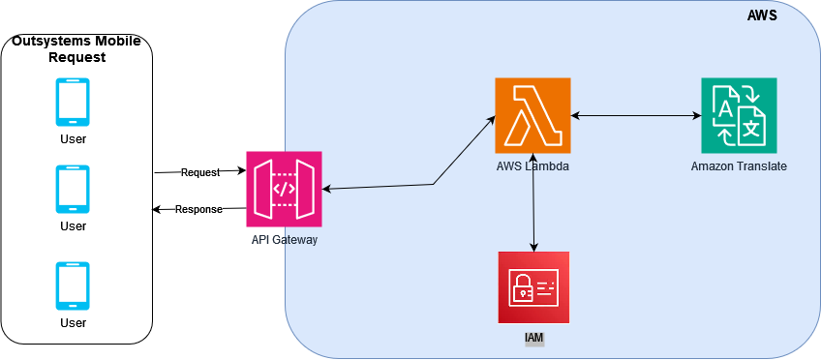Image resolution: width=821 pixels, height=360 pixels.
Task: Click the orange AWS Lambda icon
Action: (x=532, y=115)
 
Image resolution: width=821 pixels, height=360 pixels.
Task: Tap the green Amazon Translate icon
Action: (x=739, y=115)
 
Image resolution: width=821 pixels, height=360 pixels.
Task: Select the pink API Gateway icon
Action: (x=284, y=189)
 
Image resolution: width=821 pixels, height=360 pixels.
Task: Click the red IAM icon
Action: (x=533, y=287)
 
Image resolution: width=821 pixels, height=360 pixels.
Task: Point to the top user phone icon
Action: (x=74, y=103)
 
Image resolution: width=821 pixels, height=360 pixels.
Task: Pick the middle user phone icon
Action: (x=74, y=189)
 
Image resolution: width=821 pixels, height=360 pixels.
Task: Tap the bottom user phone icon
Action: (x=74, y=285)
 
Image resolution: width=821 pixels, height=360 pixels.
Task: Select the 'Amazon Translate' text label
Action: (x=739, y=166)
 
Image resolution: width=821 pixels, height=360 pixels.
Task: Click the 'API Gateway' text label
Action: (x=284, y=239)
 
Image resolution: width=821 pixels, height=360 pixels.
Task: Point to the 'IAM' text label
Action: (x=533, y=338)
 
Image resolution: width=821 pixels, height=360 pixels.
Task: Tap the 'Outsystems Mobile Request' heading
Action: (x=76, y=49)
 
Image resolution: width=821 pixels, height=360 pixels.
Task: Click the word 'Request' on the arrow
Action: (x=200, y=172)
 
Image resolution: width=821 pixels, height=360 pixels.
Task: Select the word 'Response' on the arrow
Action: (x=198, y=209)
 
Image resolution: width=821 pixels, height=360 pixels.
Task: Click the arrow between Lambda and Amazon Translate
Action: (x=635, y=116)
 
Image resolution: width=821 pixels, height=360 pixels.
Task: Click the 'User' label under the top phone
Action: (x=74, y=138)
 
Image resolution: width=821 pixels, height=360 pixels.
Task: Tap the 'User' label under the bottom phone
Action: (x=74, y=322)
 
